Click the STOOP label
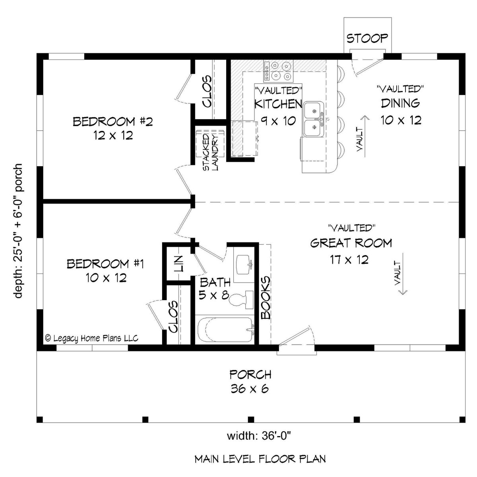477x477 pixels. [367, 39]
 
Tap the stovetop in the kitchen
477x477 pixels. [278, 71]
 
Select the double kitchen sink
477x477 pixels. [314, 119]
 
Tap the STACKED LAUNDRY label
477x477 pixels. [210, 152]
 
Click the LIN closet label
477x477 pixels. [178, 264]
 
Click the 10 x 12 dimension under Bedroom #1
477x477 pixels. [106, 277]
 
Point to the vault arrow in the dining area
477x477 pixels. [365, 136]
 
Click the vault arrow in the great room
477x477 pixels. [403, 273]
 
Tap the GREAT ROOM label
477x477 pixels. [351, 243]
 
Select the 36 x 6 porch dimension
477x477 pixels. [250, 389]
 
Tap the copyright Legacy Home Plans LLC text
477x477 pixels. [92, 338]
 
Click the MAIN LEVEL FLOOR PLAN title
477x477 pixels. [260, 459]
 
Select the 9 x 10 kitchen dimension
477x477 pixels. [278, 121]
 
